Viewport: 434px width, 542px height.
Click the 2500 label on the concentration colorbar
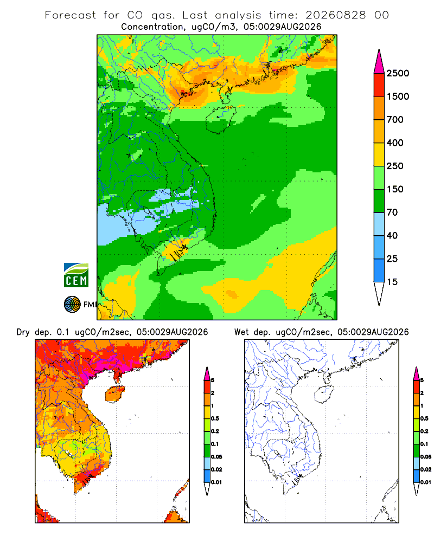[x=398, y=73]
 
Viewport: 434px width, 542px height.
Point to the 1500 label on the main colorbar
[x=398, y=96]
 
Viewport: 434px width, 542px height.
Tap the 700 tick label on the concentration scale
[x=395, y=120]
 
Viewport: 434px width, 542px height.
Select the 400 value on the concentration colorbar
[x=395, y=143]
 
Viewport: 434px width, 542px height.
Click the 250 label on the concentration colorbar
[x=395, y=166]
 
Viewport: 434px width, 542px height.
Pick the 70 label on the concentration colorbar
[x=392, y=212]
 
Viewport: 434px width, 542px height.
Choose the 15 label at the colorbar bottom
[x=392, y=282]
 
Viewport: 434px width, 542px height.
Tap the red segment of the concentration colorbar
[x=379, y=85]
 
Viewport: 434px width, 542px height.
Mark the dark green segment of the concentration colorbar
[x=379, y=201]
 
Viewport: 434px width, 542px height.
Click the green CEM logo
[x=76, y=275]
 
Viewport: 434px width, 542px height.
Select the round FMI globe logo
[x=72, y=305]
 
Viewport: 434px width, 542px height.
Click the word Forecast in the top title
[x=71, y=15]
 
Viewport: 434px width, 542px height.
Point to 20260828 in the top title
[x=336, y=15]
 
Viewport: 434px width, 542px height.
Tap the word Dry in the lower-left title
[x=23, y=332]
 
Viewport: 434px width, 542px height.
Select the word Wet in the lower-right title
[x=241, y=332]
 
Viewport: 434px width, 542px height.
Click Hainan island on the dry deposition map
[x=115, y=393]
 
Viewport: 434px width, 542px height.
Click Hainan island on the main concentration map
[x=221, y=120]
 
